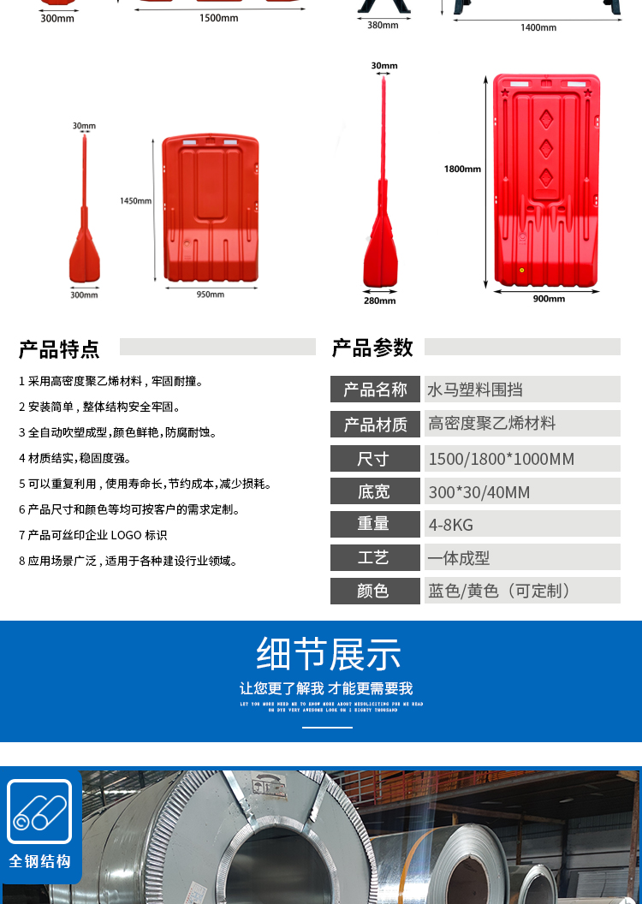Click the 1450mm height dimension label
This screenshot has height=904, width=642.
pos(135,201)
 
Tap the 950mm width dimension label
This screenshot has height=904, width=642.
pos(210,294)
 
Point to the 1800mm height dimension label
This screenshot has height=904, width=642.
pos(462,169)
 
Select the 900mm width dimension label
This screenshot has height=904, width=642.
pos(549,299)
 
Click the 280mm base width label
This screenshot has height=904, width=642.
pos(381,300)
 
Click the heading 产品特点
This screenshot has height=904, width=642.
pos(59,349)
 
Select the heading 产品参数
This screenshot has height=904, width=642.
pos(372,348)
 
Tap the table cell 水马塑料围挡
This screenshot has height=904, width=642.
pos(475,390)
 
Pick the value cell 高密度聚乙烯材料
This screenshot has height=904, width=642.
pos(492,424)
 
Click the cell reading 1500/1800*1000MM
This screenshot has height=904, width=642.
pos(501,459)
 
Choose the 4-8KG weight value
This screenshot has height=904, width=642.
pos(451,524)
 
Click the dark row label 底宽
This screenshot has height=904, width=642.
pos(374,491)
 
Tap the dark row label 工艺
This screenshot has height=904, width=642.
pos(374,557)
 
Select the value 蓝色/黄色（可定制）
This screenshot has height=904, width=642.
pos(500,591)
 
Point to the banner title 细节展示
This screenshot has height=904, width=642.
pos(328,655)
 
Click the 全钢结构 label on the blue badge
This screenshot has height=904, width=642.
pos(39,861)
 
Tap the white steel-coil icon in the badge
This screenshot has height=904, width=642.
pos(39,812)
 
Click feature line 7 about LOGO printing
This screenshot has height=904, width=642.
pos(93,535)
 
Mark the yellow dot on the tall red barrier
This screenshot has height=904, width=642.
pos(521,270)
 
